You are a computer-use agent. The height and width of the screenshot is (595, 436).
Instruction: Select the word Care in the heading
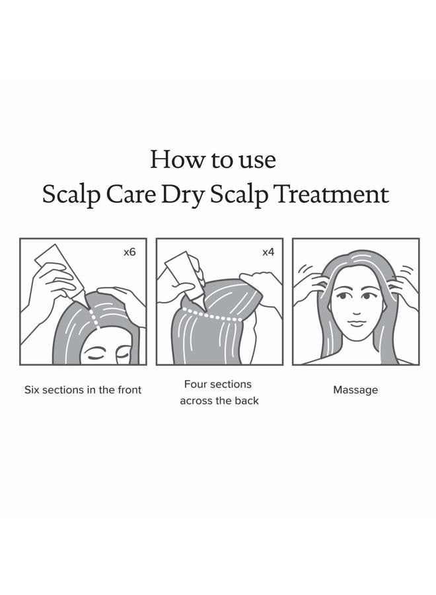click(x=129, y=194)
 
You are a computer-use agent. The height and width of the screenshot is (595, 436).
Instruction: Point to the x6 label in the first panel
click(x=129, y=253)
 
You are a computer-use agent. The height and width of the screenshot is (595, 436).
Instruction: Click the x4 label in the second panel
click(x=268, y=253)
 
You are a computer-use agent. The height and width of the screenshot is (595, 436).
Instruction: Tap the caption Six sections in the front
click(x=83, y=390)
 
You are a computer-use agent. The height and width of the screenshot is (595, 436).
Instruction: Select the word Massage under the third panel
click(x=355, y=390)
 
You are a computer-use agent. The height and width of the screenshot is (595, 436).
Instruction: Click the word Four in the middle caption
click(x=196, y=384)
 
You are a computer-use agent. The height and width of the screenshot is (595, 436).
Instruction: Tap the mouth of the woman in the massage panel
click(x=356, y=323)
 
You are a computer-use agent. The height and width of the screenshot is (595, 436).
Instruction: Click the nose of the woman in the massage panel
click(x=356, y=312)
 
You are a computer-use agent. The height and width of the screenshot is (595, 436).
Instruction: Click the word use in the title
click(x=255, y=159)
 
